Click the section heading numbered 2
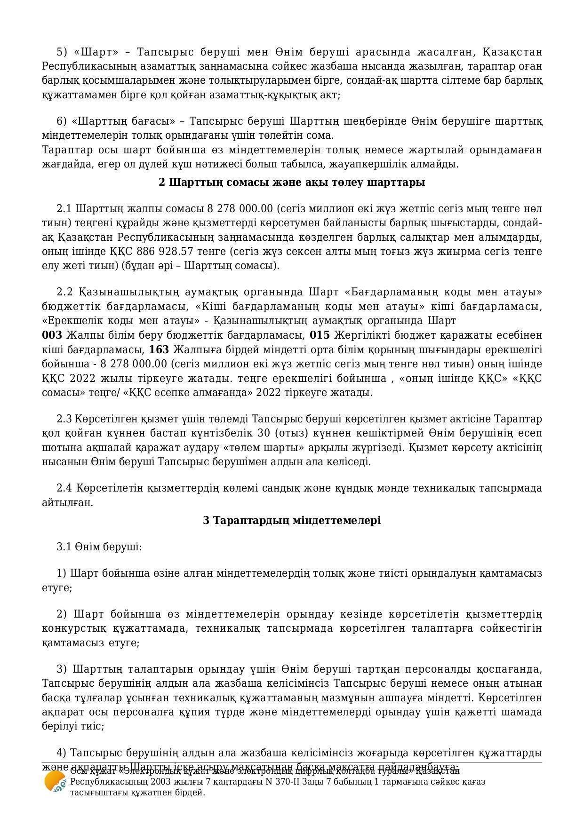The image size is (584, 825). tap(292, 182)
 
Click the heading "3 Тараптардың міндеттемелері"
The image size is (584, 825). tap(292, 520)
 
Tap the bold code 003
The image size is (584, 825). tap(52, 335)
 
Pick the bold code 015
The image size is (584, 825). tap(320, 335)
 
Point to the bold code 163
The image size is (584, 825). tap(159, 349)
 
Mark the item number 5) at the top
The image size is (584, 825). tap(63, 52)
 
